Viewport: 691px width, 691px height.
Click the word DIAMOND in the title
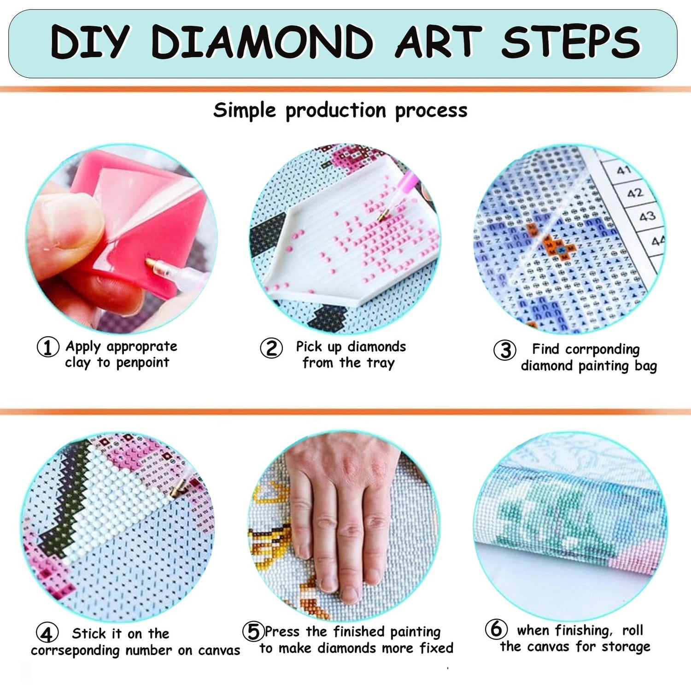point(262,42)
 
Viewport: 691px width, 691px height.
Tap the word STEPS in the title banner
point(571,42)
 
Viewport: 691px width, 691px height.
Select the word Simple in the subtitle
point(245,111)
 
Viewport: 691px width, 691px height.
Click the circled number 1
point(48,347)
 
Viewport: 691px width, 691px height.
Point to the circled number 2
point(271,348)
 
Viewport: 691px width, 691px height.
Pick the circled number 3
point(505,350)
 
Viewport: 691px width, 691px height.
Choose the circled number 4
point(47,633)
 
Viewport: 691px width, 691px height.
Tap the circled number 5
point(253,631)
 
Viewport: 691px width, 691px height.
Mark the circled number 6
point(496,628)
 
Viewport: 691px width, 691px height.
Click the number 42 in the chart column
point(635,193)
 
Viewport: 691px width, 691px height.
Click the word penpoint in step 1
point(142,363)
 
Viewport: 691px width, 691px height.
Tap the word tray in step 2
point(380,363)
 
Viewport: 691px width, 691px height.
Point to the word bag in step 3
point(645,366)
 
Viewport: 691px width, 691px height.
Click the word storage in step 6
point(626,647)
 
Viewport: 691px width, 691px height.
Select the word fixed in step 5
point(436,648)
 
